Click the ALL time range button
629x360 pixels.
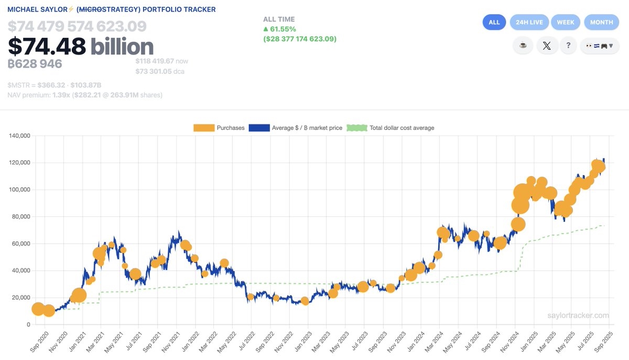494,22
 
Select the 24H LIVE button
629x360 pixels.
529,22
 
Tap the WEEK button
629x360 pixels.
566,22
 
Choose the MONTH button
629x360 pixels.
601,22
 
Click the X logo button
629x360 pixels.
547,46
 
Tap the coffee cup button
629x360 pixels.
523,46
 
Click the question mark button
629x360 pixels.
568,46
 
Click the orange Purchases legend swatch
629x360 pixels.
203,128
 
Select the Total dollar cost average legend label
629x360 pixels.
402,128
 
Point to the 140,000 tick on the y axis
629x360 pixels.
20,136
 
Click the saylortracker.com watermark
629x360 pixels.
578,315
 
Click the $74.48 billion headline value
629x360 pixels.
81,47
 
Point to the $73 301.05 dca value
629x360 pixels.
156,71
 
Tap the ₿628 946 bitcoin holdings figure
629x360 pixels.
35,64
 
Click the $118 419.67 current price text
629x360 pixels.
156,61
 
